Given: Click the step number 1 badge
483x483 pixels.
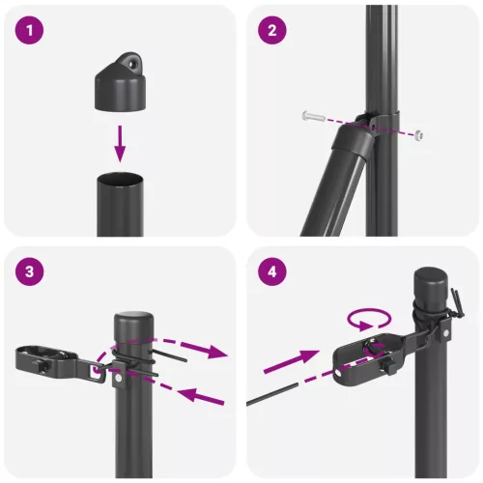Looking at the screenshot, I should [x=31, y=31].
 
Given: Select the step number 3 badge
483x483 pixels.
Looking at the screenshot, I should [x=31, y=271].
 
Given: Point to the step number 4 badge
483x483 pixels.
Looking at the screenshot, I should [x=272, y=271].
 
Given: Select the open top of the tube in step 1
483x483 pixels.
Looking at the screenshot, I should [x=120, y=180].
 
